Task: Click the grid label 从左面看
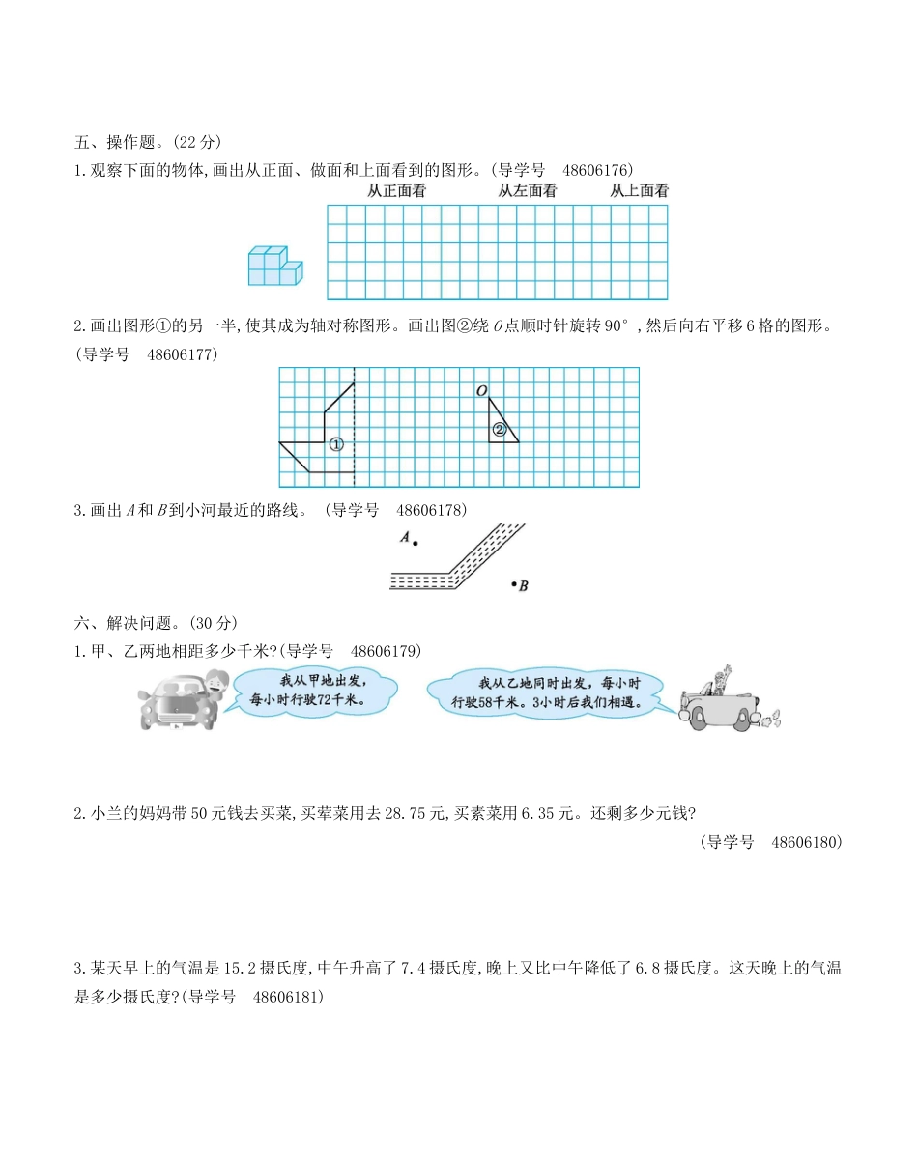coord(528,191)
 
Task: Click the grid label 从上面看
coord(639,191)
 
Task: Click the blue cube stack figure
coord(274,267)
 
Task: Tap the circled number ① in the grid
coord(336,445)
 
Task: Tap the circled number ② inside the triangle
coord(500,430)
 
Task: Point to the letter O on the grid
coord(480,391)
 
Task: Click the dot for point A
coord(416,544)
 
